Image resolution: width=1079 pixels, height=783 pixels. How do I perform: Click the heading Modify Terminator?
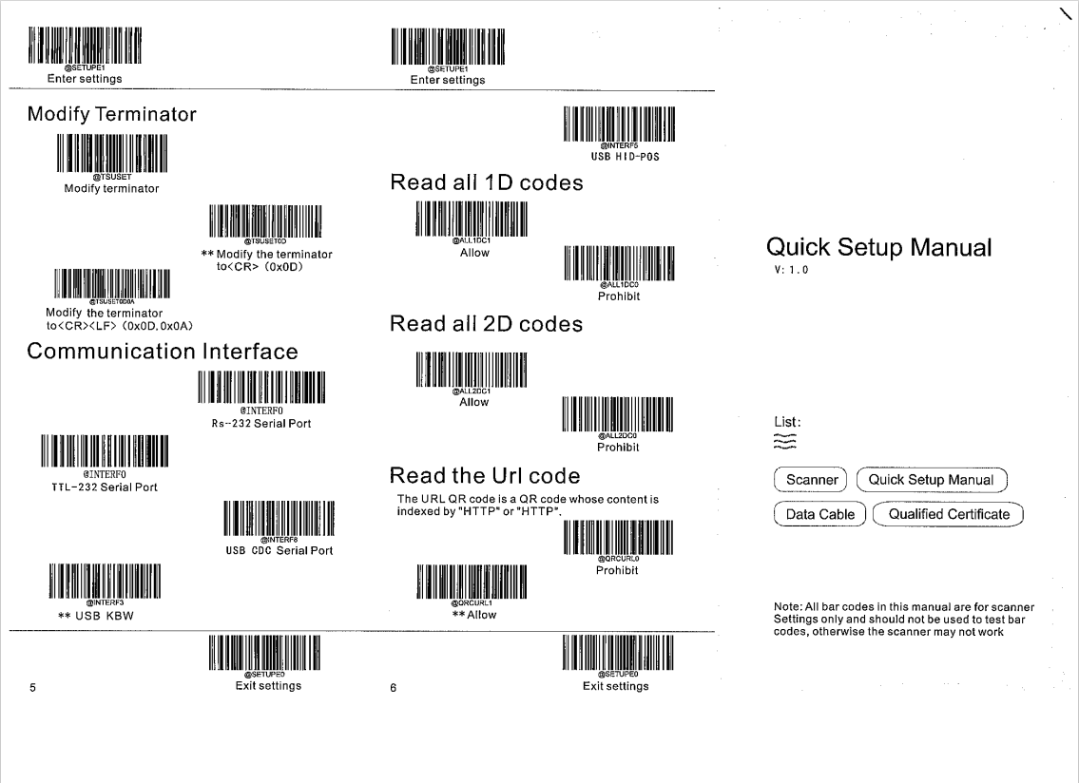(112, 115)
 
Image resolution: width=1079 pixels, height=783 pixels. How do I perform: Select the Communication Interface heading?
(163, 351)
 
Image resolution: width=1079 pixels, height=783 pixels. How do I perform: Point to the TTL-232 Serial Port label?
(105, 487)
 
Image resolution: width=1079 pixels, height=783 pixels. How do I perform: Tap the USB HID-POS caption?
(619, 157)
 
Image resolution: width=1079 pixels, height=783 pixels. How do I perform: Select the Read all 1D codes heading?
(487, 183)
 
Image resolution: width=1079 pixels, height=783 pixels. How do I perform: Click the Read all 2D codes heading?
(487, 324)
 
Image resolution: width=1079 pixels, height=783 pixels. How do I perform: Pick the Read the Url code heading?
(485, 475)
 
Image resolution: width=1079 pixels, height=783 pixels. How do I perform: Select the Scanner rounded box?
(812, 480)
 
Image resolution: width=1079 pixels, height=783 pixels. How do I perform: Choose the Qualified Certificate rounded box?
(949, 514)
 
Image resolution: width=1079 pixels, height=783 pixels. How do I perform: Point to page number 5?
(32, 687)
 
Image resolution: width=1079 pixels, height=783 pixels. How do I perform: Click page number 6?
(393, 687)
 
